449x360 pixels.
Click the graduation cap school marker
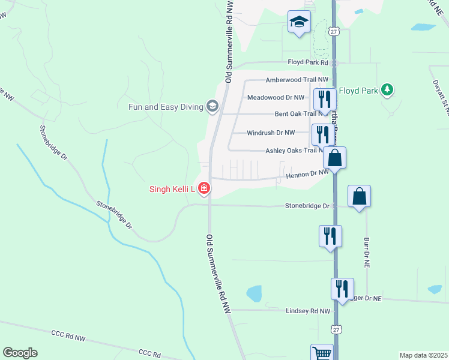coord(299,23)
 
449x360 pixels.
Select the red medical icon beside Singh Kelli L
coord(204,189)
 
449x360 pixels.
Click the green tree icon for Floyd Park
coord(388,91)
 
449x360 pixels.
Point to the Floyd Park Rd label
coord(307,62)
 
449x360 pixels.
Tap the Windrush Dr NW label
coord(271,133)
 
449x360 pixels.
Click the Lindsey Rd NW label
coord(308,311)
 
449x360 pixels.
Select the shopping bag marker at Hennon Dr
coord(335,158)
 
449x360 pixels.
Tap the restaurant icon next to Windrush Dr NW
coord(323,135)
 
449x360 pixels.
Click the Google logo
coord(20,353)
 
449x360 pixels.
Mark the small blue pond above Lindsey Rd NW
coord(255,293)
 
